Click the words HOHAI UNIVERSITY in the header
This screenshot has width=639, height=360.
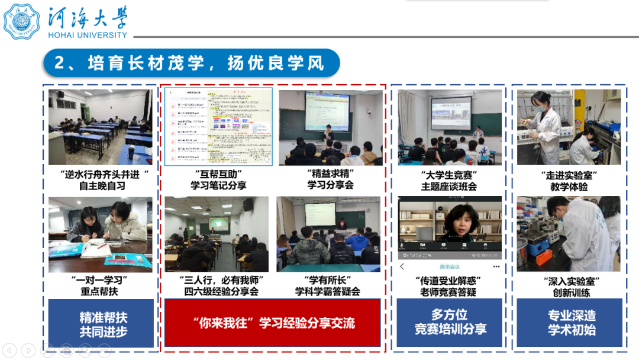point(87,34)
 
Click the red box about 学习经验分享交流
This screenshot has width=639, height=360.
point(273,323)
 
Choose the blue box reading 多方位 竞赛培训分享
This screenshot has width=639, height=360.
point(450,322)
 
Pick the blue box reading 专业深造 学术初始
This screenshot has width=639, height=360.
point(571,323)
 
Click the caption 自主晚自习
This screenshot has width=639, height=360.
point(102,186)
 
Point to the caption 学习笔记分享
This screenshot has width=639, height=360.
point(218,186)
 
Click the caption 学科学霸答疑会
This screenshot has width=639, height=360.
point(328,291)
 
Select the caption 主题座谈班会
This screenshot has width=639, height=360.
point(449,187)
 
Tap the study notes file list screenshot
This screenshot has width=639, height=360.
point(218,127)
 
